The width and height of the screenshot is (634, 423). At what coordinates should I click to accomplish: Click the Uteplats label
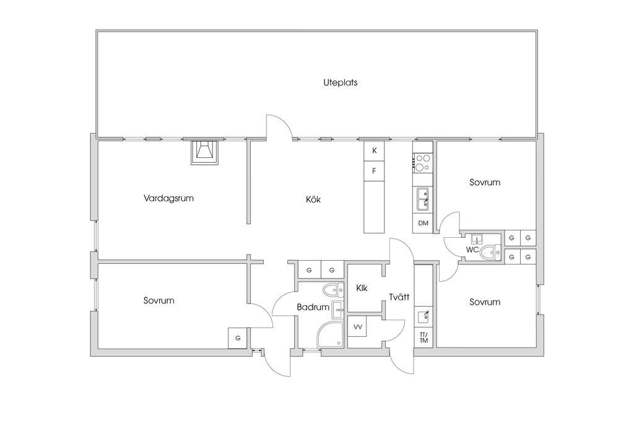tap(340, 82)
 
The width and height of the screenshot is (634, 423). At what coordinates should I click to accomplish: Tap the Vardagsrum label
tap(168, 198)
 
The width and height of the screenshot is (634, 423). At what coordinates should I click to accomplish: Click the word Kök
tap(313, 199)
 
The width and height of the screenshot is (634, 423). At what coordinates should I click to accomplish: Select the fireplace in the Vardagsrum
tap(206, 152)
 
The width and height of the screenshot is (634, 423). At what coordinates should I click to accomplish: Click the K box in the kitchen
tap(375, 151)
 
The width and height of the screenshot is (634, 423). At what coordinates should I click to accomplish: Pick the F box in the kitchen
tap(375, 171)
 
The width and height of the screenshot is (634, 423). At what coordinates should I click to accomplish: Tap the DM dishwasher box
tap(423, 223)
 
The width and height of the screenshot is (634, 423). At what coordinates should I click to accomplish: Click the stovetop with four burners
tap(423, 162)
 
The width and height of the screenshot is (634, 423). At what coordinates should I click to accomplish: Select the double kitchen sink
tap(423, 199)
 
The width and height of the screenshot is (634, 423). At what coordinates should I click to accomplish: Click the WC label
tap(472, 250)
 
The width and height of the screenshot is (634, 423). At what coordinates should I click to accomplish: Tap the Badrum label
tap(313, 307)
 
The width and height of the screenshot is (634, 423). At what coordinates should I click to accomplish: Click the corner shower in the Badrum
tap(330, 334)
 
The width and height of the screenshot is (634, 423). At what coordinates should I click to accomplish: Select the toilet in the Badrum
tap(334, 290)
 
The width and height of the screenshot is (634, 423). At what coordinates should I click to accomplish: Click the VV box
tap(357, 326)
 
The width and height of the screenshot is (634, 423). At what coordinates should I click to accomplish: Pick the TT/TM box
tap(423, 337)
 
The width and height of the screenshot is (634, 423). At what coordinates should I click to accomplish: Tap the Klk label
tap(362, 289)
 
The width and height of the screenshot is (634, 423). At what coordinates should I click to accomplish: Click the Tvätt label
tap(399, 297)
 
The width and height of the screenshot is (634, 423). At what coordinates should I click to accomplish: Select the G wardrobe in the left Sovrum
tap(238, 338)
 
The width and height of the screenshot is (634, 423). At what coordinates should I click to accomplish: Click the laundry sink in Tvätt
tap(423, 316)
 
